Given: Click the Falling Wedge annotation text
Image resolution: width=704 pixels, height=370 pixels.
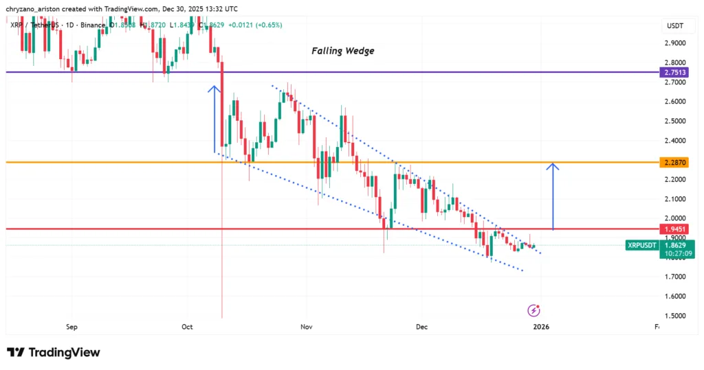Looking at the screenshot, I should tap(342, 51).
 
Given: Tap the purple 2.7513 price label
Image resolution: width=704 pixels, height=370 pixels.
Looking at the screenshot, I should tap(673, 72).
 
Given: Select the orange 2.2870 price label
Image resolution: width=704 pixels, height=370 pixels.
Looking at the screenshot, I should tap(673, 163).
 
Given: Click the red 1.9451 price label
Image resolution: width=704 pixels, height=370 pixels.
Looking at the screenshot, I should tap(673, 229).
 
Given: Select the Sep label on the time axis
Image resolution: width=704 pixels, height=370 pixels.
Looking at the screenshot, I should tap(71, 327).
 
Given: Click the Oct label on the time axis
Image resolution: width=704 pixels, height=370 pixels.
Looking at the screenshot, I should tap(187, 327).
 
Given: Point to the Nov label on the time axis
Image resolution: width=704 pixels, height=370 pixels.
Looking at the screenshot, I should tap(307, 327).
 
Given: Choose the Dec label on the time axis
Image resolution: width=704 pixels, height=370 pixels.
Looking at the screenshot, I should tap(421, 327).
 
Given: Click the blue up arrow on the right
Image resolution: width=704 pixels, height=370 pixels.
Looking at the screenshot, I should tap(554, 196).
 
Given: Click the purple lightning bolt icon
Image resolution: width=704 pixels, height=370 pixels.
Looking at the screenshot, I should tap(533, 310).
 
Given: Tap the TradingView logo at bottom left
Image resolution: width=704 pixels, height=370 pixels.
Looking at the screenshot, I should tap(54, 352).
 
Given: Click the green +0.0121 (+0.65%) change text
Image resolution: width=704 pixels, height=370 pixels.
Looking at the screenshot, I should tap(258, 25).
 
